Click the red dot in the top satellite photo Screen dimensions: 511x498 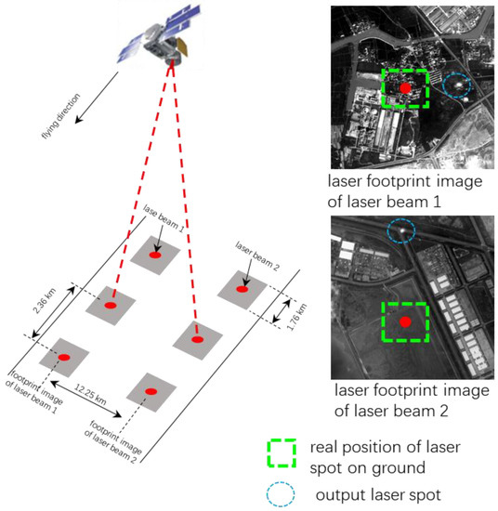[x=405, y=87]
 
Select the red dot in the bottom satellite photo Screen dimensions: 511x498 [x=404, y=321]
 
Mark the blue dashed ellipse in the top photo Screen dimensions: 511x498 [x=456, y=86]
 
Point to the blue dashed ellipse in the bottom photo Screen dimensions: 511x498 [x=400, y=227]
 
